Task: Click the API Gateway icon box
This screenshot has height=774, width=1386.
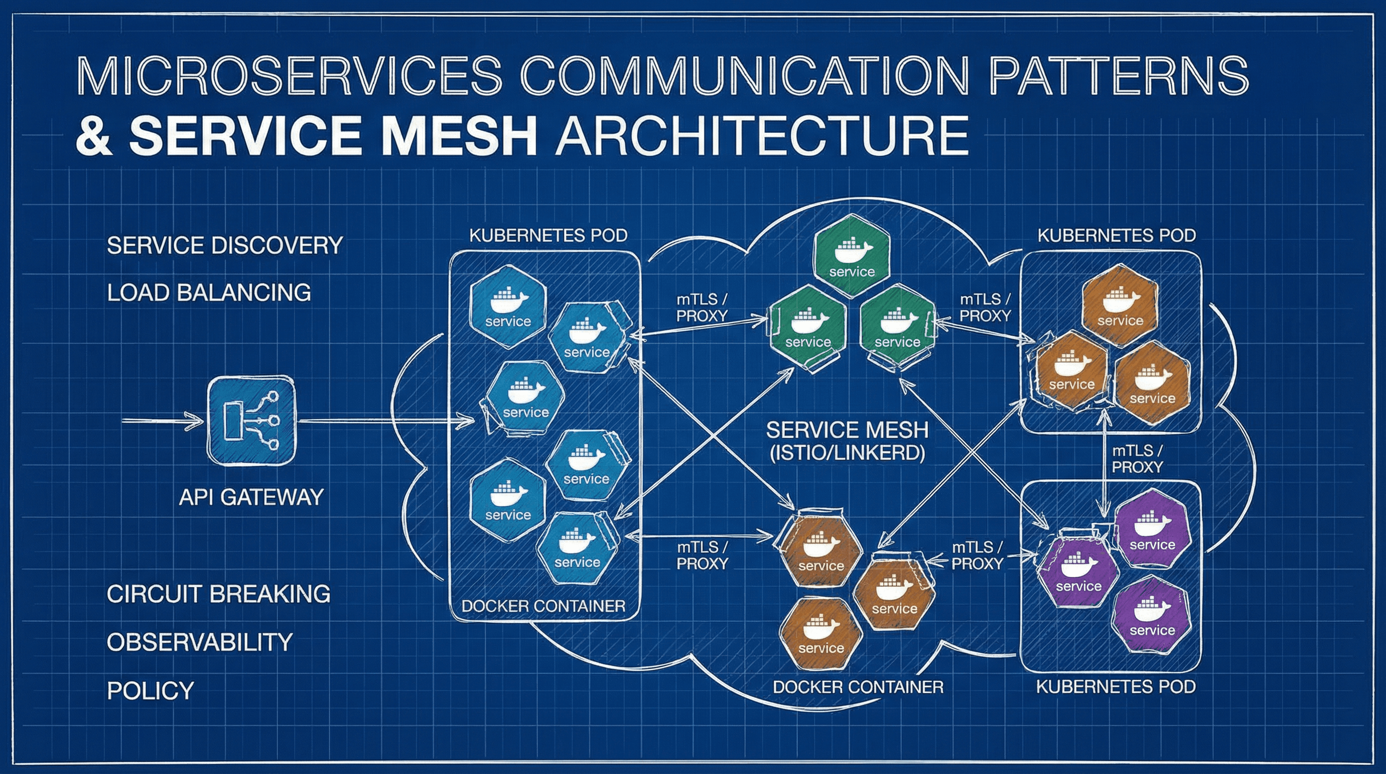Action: tap(252, 420)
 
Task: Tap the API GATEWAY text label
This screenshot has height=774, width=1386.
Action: tap(251, 497)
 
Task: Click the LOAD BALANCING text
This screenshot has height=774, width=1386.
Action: tap(209, 293)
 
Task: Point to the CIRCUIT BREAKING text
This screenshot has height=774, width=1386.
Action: tap(219, 594)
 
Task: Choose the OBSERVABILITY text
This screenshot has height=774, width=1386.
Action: tap(199, 642)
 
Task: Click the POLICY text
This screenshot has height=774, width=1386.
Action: tap(151, 690)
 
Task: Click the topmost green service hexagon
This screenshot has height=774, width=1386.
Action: tap(851, 257)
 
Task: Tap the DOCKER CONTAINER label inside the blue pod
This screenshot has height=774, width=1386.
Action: tap(543, 606)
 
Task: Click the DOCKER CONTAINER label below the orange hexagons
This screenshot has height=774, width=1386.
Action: tap(858, 687)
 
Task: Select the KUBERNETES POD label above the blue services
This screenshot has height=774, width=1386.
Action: tap(548, 236)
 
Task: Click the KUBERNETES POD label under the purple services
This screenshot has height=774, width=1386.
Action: tap(1116, 687)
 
